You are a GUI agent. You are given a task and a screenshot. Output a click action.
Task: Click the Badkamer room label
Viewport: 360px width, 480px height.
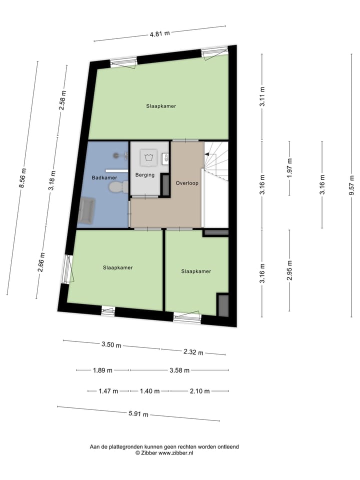pos(104,177)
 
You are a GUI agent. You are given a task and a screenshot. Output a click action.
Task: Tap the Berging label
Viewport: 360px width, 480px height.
pos(144,174)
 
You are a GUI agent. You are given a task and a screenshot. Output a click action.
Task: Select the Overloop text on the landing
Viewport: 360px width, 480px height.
pos(187,183)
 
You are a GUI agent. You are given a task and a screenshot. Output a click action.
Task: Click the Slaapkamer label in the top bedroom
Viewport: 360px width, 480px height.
pos(161,106)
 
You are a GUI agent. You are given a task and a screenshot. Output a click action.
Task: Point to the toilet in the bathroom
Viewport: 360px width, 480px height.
pos(117,187)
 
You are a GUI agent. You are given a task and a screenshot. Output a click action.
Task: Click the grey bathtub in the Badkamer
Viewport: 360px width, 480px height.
pos(86,210)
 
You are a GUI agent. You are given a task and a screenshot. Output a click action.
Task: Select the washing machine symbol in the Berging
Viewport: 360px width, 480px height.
pos(148,157)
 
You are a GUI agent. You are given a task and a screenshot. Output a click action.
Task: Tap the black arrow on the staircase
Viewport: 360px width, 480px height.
pos(207,155)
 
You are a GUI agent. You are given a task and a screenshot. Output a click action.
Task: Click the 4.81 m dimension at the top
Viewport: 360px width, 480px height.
pos(159,33)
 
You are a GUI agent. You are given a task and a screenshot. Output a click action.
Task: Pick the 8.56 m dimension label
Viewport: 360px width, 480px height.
pos(22,178)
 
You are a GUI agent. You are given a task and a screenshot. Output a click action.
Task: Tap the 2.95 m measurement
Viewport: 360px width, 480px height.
pos(289,270)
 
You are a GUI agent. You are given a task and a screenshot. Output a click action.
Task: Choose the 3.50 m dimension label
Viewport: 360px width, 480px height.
pos(111,344)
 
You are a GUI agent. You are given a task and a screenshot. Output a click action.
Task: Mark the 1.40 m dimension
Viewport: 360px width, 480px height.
pos(150,391)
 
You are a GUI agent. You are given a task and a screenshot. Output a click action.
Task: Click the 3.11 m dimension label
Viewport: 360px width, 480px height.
pos(262,96)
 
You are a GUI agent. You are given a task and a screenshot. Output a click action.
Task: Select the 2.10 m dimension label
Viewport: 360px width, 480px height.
pos(199,391)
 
